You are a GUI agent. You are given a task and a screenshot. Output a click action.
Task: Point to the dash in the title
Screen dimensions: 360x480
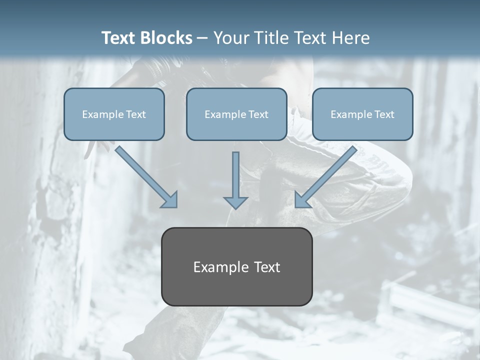(202, 38)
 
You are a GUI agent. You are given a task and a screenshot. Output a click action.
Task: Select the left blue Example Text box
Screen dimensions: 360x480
(114, 114)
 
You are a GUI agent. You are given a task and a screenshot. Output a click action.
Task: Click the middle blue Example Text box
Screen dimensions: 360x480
(236, 114)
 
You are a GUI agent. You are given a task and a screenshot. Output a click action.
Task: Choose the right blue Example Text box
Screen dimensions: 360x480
(362, 114)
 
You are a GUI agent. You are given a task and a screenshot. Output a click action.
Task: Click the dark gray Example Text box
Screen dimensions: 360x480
(236, 266)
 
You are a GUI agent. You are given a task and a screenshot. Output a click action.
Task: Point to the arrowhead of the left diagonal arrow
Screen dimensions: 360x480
(170, 200)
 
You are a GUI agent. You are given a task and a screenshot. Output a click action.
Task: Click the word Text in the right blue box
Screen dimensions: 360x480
(384, 114)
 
